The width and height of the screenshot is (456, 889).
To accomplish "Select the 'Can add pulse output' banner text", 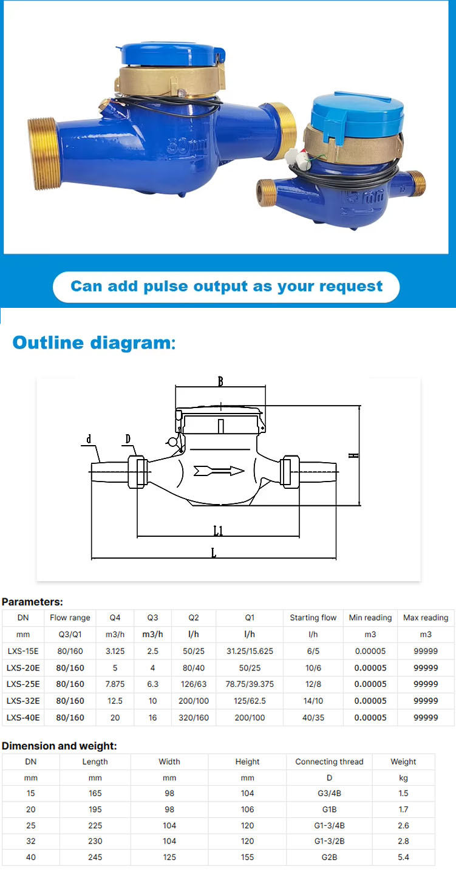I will [226, 287].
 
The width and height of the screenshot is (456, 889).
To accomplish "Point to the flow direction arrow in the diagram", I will [219, 471].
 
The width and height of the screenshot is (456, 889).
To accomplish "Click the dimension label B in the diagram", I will [220, 381].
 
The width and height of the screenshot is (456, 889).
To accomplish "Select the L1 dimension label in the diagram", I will [219, 531].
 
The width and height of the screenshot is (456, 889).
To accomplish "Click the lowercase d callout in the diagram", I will [89, 439].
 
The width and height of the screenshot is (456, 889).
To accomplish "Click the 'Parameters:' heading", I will [32, 602].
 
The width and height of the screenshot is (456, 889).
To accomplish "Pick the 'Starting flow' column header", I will [313, 618].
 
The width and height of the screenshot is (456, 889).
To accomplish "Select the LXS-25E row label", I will [23, 684].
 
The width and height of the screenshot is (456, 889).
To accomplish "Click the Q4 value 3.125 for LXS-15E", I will [115, 650].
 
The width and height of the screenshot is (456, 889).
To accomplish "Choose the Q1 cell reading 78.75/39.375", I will [250, 684].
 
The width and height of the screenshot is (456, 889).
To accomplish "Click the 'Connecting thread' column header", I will [329, 761].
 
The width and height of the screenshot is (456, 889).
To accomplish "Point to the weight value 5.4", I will [403, 857].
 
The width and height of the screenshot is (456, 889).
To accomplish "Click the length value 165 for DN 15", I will [95, 793].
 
